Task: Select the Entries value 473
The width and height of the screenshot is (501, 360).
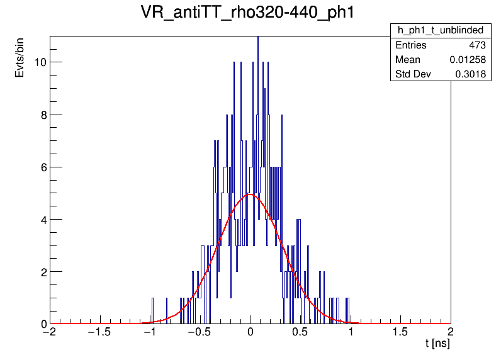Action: click(477, 45)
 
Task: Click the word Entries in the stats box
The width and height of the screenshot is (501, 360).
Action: click(410, 45)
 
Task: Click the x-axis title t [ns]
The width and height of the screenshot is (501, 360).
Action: click(437, 344)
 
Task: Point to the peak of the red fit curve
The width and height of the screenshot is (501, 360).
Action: click(250, 194)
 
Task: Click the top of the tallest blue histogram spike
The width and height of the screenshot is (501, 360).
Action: click(257, 38)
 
